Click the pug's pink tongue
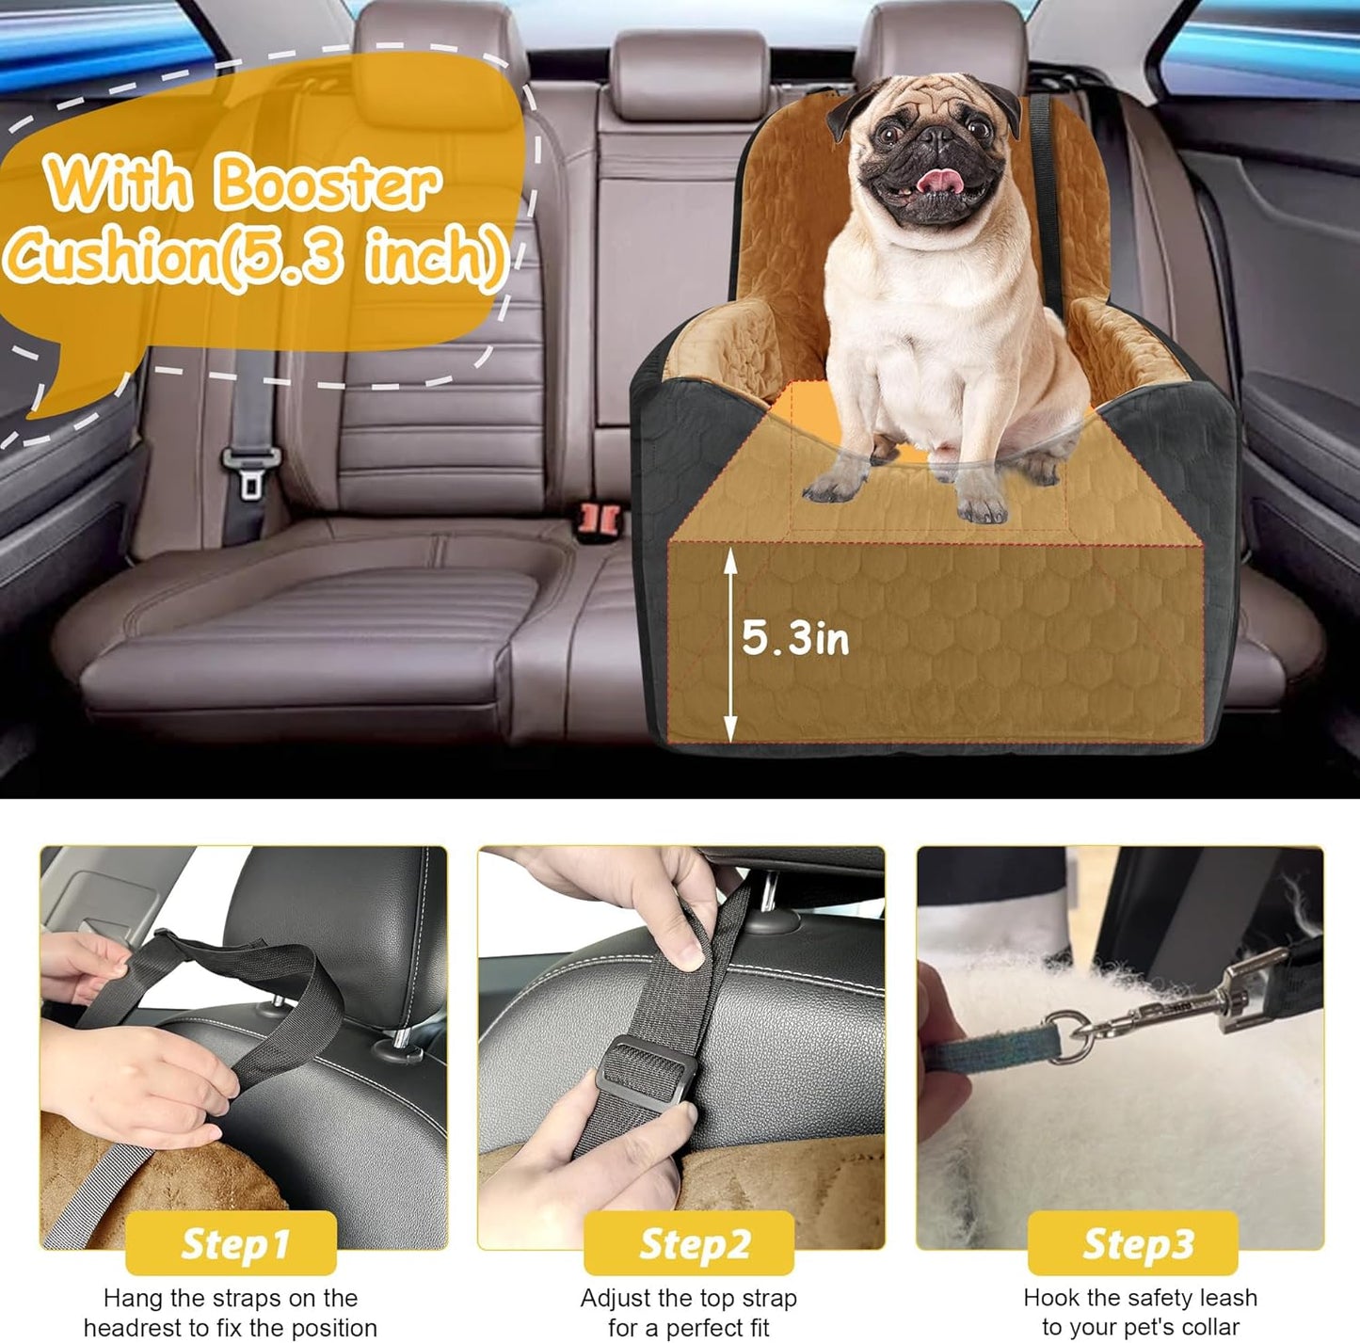pos(935,179)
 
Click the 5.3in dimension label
pos(795,639)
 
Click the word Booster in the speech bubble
pos(325,184)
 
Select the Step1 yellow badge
pos(232,1243)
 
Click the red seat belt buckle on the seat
pos(599,517)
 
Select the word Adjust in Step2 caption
pos(616,1299)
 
